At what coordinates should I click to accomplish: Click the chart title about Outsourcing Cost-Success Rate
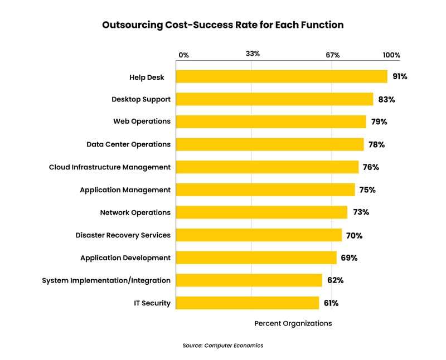pyautogui.click(x=222, y=25)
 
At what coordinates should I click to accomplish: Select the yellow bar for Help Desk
pyautogui.click(x=282, y=77)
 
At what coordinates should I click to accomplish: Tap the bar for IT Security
pyautogui.click(x=248, y=303)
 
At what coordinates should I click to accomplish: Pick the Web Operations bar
pyautogui.click(x=271, y=122)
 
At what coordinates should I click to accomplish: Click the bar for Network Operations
pyautogui.click(x=261, y=212)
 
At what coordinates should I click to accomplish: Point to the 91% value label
pyautogui.click(x=399, y=77)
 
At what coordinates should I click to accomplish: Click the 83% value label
pyautogui.click(x=386, y=99)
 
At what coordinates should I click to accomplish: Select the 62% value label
pyautogui.click(x=336, y=280)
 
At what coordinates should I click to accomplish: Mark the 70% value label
pyautogui.click(x=354, y=235)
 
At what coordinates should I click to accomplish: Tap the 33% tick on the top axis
pyautogui.click(x=253, y=54)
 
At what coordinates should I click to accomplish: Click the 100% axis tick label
pyautogui.click(x=391, y=55)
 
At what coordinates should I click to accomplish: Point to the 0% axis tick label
pyautogui.click(x=183, y=55)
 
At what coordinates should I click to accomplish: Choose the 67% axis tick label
pyautogui.click(x=333, y=55)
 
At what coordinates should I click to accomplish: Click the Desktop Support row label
pyautogui.click(x=141, y=99)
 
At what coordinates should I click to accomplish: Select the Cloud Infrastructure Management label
pyautogui.click(x=110, y=167)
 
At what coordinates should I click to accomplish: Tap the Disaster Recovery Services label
pyautogui.click(x=123, y=235)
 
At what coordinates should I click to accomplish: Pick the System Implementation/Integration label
pyautogui.click(x=106, y=280)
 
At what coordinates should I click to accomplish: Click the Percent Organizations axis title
pyautogui.click(x=293, y=324)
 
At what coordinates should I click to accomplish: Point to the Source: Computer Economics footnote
pyautogui.click(x=222, y=346)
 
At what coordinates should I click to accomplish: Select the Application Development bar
pyautogui.click(x=256, y=257)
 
